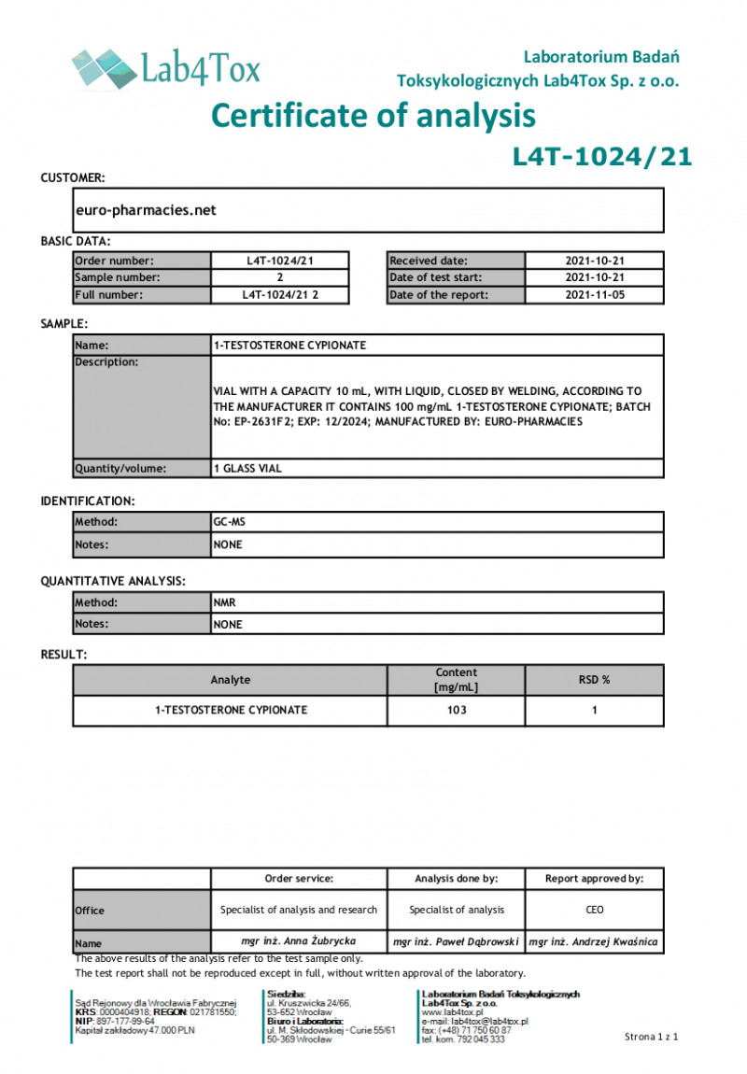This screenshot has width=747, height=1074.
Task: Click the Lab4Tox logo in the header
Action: coord(166,68)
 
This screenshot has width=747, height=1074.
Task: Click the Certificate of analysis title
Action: coord(373,116)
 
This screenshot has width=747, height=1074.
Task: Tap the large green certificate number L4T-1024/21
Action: coord(602,157)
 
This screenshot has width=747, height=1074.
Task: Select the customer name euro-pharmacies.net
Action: coord(146,210)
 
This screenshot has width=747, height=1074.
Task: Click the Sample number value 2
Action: coord(280,277)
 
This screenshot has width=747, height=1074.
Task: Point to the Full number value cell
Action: coord(280,295)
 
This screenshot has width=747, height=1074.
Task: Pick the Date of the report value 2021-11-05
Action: coord(595,295)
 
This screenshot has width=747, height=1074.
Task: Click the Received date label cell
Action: coord(456,261)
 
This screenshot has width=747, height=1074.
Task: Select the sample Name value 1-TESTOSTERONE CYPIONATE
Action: coord(289,346)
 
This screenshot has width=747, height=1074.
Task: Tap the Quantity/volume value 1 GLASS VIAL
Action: coord(247,469)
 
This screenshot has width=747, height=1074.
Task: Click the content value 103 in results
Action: coord(456,711)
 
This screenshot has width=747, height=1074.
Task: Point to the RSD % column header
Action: coord(594,680)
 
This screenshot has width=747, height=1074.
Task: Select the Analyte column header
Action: coord(230,680)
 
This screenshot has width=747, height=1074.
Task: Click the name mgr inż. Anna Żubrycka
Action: coord(298,942)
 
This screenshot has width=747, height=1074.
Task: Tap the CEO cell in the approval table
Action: coord(594,910)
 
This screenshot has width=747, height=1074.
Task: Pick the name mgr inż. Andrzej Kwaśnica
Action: coord(594,942)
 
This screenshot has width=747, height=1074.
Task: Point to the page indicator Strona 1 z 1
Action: coord(650,1037)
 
